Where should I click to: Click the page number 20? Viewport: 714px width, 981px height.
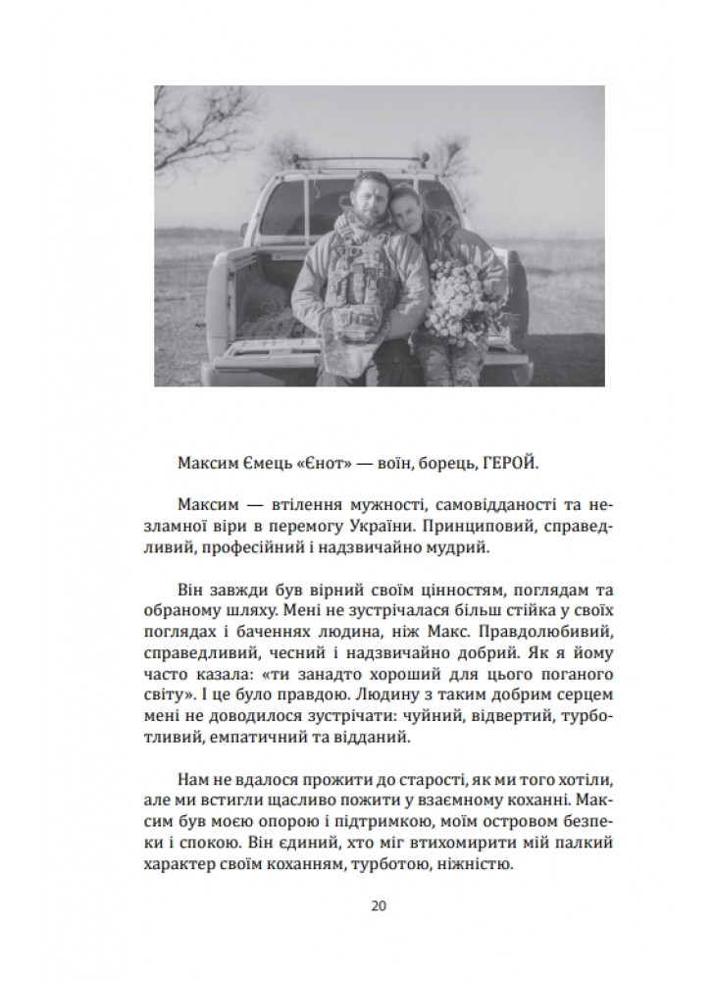tap(379, 904)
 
